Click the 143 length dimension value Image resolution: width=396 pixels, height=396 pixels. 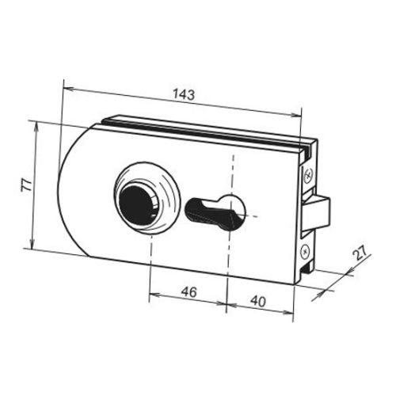click(x=184, y=95)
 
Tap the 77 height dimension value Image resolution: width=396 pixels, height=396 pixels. click(x=26, y=185)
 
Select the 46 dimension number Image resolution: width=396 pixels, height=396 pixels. click(x=188, y=292)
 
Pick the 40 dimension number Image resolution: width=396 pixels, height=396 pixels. click(x=258, y=301)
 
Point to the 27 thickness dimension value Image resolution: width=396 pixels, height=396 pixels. click(x=360, y=253)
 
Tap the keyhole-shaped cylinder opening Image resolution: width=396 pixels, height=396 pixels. click(x=215, y=211)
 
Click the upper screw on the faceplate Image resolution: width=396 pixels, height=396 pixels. click(x=308, y=175)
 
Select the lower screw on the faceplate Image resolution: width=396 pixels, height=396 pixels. click(x=305, y=251)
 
